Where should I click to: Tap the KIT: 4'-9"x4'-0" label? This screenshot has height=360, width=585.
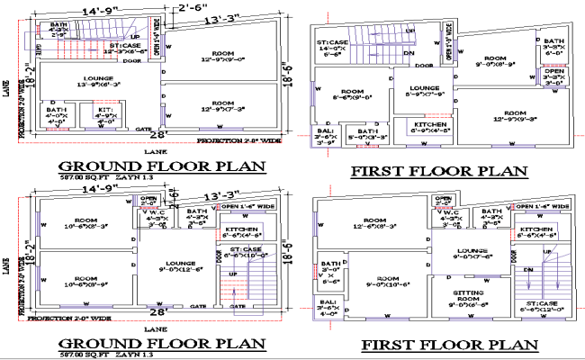(106, 115)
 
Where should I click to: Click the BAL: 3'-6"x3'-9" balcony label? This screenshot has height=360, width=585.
(325, 136)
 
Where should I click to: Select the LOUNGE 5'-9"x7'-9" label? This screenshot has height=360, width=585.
(425, 90)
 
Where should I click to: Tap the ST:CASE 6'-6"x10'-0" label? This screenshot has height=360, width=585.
(243, 253)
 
